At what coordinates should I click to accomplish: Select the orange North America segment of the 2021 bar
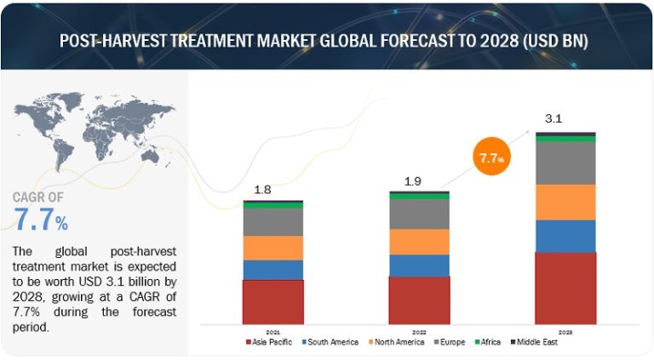pyautogui.click(x=272, y=248)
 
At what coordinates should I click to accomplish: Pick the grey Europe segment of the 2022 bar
pyautogui.click(x=419, y=214)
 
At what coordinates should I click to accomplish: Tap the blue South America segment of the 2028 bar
pyautogui.click(x=565, y=236)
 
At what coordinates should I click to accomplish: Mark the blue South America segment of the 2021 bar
pyautogui.click(x=272, y=270)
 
